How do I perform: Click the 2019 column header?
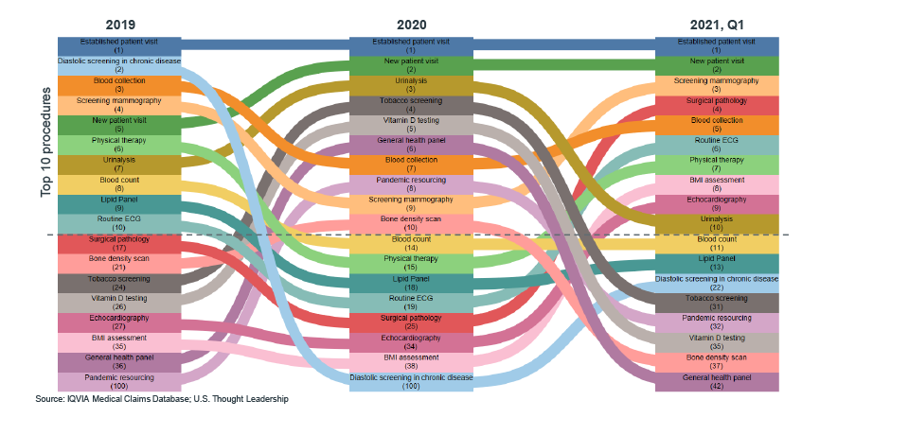(118, 24)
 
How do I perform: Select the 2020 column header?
(411, 24)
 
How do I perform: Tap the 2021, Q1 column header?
(717, 24)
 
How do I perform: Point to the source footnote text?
(161, 399)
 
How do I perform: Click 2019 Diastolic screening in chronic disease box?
(118, 65)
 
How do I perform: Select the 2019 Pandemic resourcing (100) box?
(118, 382)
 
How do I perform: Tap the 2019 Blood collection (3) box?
(118, 85)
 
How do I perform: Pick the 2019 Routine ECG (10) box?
(118, 223)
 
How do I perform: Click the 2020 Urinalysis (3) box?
(410, 85)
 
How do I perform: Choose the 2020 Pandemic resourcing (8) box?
(410, 183)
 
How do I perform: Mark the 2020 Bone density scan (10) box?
(410, 223)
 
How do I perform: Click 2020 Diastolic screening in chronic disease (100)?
(410, 381)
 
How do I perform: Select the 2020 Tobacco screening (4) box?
(410, 105)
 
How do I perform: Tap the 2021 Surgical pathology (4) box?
(717, 105)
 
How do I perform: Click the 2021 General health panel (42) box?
(717, 381)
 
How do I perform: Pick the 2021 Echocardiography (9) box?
(717, 203)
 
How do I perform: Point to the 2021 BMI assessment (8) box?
(717, 183)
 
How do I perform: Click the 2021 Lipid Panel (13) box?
(717, 263)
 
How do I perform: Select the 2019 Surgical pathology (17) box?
(118, 244)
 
